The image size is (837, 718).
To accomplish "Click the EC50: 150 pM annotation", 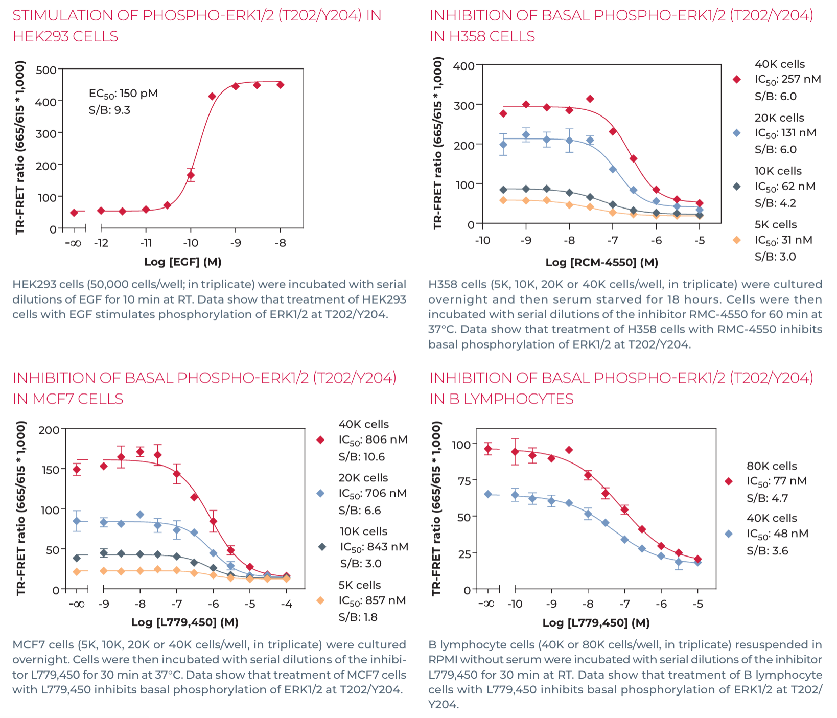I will (123, 94).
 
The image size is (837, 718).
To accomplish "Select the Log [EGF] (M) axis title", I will (182, 262).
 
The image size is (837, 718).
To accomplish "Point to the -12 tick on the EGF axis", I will (101, 243).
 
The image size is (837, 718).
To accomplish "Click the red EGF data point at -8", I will (280, 85).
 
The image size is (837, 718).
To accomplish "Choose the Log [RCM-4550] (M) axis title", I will (601, 263).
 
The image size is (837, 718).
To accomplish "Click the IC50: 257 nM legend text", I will (787, 80).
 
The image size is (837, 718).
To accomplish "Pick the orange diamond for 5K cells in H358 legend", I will (737, 240).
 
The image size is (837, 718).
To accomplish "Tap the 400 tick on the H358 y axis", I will (463, 66).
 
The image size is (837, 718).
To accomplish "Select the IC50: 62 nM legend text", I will (785, 187).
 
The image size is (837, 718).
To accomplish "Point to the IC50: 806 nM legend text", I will (373, 440).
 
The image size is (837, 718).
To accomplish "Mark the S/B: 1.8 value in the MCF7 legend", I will (358, 617).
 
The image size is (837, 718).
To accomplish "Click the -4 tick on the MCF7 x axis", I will (286, 604).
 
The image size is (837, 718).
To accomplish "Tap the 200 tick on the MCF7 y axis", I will (49, 430).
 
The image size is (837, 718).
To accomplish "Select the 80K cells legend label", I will (772, 466).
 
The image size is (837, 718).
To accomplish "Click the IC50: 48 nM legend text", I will (777, 534).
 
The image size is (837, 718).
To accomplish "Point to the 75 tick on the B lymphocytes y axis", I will (464, 480).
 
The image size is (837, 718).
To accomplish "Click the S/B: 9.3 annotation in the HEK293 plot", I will (109, 110).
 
